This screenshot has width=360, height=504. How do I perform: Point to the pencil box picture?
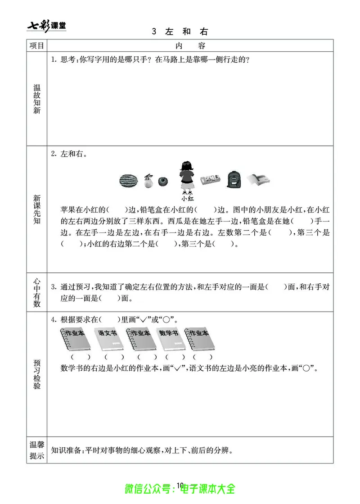(x=211, y=181)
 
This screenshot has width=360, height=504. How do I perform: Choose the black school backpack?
(x=234, y=180)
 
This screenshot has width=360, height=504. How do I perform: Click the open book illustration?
(x=259, y=180)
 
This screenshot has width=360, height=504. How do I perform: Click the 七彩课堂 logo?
(x=46, y=26)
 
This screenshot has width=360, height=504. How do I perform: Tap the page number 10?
(x=180, y=485)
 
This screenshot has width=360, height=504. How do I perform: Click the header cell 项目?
(x=36, y=45)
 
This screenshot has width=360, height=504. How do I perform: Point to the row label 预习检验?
(x=37, y=374)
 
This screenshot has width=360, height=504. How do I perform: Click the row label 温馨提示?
(x=37, y=450)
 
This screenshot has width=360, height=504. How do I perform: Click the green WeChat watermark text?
(x=180, y=489)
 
